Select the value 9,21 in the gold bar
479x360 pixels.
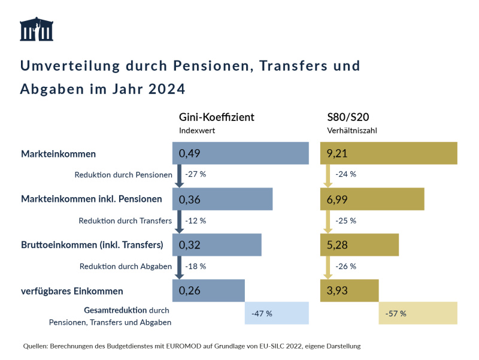point(338,153)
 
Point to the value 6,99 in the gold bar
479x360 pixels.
point(338,199)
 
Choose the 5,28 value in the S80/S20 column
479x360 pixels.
point(338,244)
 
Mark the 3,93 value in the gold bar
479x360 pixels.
point(338,291)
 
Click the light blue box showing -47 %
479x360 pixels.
point(276,313)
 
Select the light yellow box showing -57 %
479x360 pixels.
point(417,313)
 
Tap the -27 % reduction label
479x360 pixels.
point(196,175)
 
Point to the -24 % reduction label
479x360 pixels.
point(345,175)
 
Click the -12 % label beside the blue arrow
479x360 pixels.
point(196,220)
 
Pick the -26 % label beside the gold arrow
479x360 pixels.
point(345,267)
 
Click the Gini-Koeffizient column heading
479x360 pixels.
point(217,117)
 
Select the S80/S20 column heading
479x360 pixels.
point(347,117)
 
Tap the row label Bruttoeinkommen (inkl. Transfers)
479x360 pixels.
point(92,244)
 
